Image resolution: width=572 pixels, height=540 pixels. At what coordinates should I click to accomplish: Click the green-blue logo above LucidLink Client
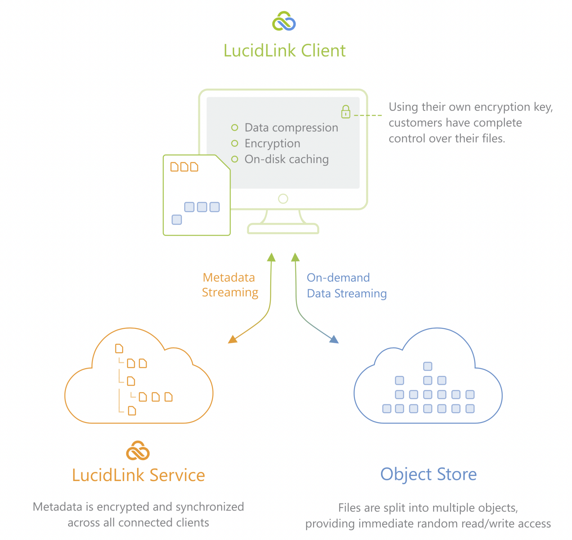click(284, 21)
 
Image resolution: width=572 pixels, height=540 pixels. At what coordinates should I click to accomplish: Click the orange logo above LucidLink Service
click(138, 450)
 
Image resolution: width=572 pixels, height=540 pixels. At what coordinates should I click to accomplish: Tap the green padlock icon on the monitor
click(346, 112)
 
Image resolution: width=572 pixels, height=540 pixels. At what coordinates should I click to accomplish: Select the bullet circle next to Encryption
click(235, 143)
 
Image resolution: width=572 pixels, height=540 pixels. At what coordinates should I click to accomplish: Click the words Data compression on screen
click(291, 128)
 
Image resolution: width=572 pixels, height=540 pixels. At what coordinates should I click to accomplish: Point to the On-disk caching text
click(286, 159)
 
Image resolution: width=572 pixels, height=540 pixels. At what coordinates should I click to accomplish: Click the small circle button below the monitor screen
click(283, 198)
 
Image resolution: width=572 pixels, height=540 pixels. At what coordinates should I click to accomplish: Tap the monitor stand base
click(283, 229)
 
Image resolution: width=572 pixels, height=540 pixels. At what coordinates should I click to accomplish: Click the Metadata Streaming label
click(230, 285)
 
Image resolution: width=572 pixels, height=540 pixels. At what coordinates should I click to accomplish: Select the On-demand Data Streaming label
click(346, 285)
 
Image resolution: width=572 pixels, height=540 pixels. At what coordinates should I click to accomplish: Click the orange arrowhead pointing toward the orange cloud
click(232, 339)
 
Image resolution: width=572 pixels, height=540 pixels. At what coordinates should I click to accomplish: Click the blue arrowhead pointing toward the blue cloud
click(334, 339)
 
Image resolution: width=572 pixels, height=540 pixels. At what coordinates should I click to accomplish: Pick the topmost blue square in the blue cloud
click(428, 366)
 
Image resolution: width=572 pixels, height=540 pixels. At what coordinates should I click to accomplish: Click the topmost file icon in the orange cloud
click(119, 348)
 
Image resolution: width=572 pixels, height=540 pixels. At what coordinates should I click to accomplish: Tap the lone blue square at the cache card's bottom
click(177, 220)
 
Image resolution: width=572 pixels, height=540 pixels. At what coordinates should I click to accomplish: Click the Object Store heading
click(428, 474)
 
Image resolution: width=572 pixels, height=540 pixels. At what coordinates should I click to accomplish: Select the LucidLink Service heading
click(139, 475)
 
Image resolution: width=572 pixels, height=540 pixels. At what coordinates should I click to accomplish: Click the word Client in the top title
click(323, 50)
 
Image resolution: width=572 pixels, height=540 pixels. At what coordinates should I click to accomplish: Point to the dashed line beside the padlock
click(368, 115)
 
